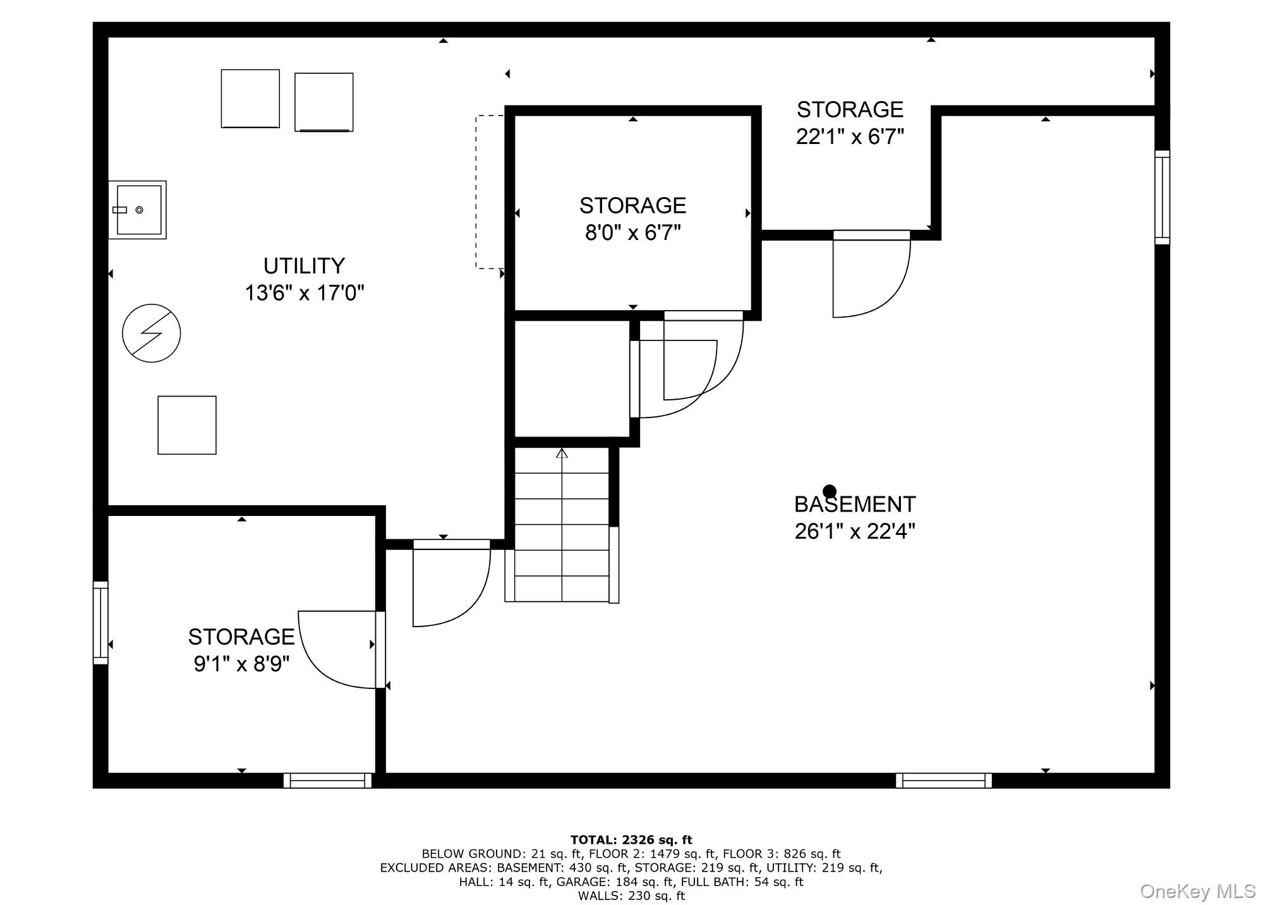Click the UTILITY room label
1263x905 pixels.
pos(304,266)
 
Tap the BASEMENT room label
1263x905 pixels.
pos(854,505)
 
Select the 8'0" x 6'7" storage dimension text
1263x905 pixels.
pos(632,233)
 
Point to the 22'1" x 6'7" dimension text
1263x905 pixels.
pos(850,136)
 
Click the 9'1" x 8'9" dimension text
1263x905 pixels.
pos(241,664)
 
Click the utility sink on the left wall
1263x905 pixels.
pos(137,210)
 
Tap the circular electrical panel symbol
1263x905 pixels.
pos(152,333)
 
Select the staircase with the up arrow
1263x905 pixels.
pos(562,525)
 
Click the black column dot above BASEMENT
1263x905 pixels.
pos(830,491)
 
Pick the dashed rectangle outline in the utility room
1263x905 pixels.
pos(490,192)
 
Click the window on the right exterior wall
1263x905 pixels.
pos(1162,197)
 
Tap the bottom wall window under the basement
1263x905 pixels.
pos(943,781)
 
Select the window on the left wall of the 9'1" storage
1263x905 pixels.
pos(100,623)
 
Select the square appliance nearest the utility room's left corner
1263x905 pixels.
pos(250,99)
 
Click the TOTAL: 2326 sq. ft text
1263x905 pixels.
pos(631,840)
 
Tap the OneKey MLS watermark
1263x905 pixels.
pos(1197,891)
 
